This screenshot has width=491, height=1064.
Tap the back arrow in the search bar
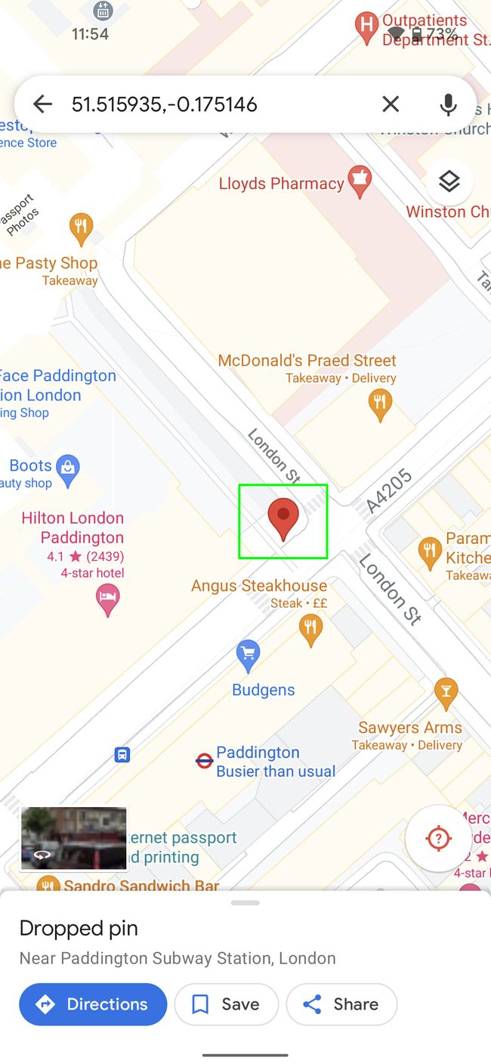point(42,104)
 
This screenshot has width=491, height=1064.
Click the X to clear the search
point(391,104)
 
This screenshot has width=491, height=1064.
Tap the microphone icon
point(448,104)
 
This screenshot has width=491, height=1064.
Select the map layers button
point(449,182)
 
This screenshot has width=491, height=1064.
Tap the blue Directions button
point(93,1004)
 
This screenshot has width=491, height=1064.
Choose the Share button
point(341,1004)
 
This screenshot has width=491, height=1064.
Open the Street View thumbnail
point(73,839)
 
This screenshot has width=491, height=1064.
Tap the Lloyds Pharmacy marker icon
point(360,181)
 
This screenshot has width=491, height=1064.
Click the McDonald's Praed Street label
point(307,360)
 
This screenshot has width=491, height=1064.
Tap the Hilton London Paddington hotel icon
point(107,600)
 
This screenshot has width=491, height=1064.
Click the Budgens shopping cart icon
point(248,654)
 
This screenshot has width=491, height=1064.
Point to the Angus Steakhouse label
point(258,586)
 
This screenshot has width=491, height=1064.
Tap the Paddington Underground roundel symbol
point(204,761)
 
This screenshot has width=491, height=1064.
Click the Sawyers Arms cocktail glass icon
point(446,692)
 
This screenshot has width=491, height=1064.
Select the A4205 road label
point(389,491)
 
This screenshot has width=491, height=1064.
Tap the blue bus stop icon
point(122,754)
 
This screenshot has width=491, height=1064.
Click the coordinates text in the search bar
point(165,104)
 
